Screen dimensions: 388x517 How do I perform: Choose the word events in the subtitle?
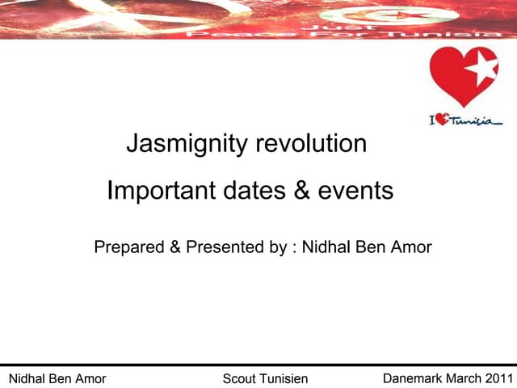[354, 192]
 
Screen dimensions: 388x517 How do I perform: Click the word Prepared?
[129, 247]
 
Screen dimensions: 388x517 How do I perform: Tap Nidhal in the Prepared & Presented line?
[326, 247]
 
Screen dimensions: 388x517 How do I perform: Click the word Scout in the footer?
[239, 379]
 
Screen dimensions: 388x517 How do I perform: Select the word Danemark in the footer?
[412, 378]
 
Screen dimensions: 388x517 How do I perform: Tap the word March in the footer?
[464, 378]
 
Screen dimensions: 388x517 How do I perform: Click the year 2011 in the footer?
[498, 378]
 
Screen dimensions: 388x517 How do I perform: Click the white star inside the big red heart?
[482, 70]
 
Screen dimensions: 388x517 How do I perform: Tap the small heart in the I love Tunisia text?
[443, 120]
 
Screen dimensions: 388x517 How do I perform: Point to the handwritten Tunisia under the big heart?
[476, 120]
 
